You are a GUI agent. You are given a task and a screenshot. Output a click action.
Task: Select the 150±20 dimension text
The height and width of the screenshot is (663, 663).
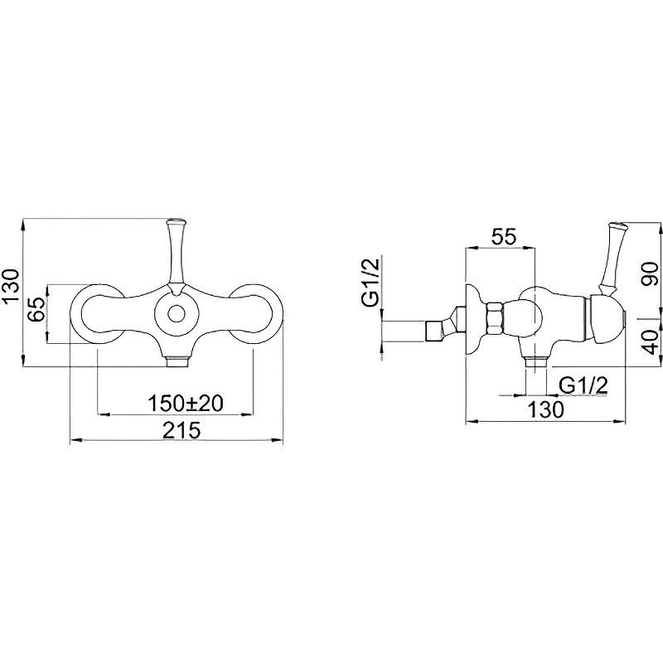185,404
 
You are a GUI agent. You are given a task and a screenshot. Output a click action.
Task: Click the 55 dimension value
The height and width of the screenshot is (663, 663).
504,236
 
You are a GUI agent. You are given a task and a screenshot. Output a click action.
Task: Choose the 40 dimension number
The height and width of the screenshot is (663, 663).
651,341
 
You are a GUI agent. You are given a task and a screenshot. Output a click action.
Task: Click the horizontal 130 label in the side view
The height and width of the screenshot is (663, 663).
546,409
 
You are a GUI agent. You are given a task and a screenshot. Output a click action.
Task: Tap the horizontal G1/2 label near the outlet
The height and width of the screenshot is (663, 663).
583,385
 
